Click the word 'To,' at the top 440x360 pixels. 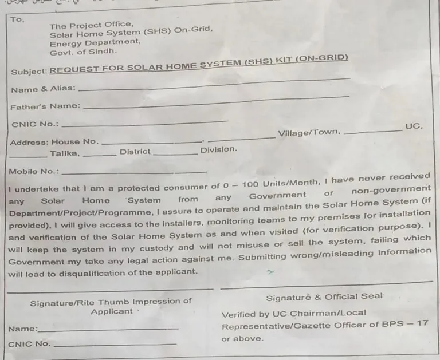(18, 19)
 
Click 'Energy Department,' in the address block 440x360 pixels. (95, 42)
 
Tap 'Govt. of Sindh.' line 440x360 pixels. (83, 51)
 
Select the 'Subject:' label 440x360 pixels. (29, 72)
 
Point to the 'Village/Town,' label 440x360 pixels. (309, 133)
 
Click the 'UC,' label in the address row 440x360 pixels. (414, 126)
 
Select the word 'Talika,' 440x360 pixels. (65, 153)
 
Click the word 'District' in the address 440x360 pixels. (135, 152)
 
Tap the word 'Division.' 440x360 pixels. (218, 149)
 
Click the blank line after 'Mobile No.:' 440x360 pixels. (135, 172)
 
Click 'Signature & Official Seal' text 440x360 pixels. (324, 296)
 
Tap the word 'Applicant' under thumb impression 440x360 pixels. (111, 311)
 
